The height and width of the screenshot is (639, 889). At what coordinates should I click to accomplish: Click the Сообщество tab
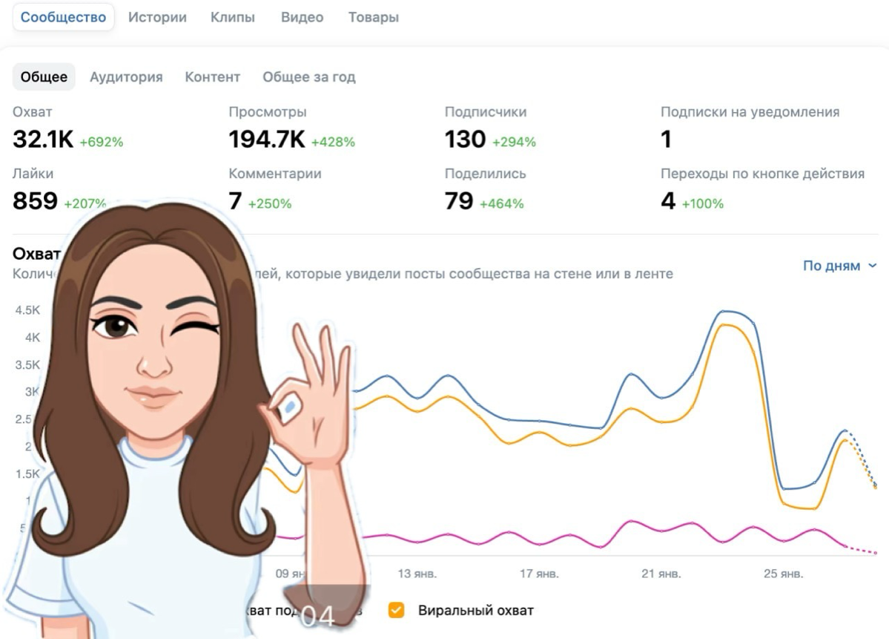(x=63, y=17)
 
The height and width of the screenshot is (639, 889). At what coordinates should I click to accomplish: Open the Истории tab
(x=157, y=17)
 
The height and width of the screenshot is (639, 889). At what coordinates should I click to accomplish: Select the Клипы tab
(x=232, y=17)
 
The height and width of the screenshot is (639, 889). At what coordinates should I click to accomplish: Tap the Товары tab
(x=373, y=17)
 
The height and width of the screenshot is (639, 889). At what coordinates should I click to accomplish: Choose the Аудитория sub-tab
(x=126, y=76)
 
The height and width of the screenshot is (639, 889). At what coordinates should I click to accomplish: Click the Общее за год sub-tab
(x=308, y=76)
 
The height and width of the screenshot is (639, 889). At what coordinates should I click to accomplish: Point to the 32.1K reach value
(x=43, y=139)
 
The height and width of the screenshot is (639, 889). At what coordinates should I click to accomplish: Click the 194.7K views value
(x=267, y=139)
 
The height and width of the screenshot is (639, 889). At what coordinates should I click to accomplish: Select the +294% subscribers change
(x=514, y=142)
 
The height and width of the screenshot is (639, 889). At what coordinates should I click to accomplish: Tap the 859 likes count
(x=35, y=200)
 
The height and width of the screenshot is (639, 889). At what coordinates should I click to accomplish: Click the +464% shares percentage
(x=501, y=203)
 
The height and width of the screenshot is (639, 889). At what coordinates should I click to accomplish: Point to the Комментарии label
(x=274, y=174)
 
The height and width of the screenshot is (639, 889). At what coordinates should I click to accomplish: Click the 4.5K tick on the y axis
(x=27, y=310)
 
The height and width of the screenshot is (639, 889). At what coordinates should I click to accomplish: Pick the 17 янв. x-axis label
(x=539, y=574)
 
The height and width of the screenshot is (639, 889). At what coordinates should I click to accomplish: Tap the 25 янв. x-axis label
(x=782, y=574)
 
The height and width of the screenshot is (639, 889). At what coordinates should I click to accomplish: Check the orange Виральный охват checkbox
(x=397, y=611)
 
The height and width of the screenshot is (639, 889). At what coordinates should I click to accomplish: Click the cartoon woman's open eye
(x=116, y=326)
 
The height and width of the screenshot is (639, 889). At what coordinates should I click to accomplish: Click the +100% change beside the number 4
(x=702, y=203)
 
